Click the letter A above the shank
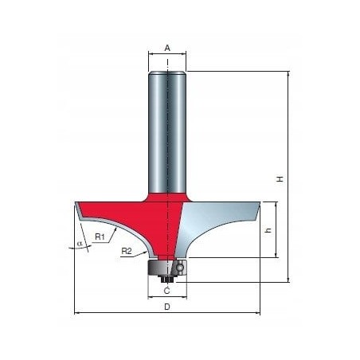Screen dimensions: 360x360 click(167, 48)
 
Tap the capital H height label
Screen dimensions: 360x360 click(280, 178)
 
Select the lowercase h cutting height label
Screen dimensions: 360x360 click(268, 230)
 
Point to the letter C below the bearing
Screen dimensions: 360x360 click(167, 291)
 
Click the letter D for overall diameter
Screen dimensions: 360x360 click(166, 307)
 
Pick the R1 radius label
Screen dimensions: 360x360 click(100, 237)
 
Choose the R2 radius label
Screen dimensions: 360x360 click(127, 251)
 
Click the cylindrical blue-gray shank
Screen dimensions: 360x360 click(167, 127)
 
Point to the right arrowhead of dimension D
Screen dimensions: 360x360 click(257, 313)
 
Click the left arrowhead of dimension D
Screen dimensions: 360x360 click(76, 313)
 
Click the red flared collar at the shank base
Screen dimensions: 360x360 click(167, 191)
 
